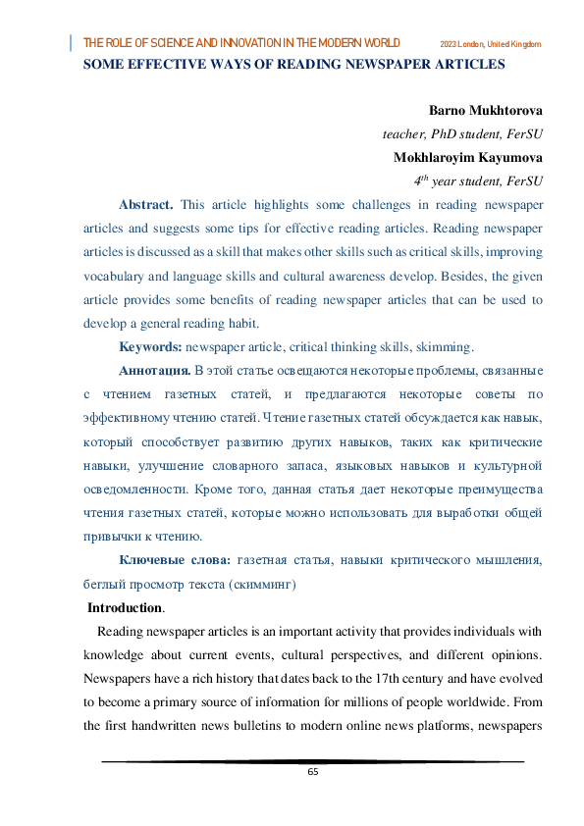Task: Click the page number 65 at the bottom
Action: pos(313,771)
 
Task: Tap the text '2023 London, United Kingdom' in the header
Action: pos(491,45)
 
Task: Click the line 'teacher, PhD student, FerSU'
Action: pos(462,133)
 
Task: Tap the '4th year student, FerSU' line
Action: pos(479,181)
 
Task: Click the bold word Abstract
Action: pos(146,205)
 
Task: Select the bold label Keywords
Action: pos(150,347)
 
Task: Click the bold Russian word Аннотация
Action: pos(154,371)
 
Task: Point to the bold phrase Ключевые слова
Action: pos(175,560)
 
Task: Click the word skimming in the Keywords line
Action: pos(445,347)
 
